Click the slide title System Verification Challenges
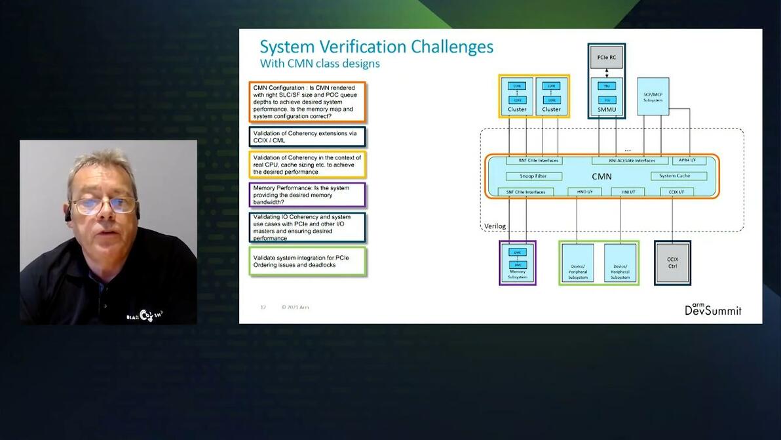point(376,47)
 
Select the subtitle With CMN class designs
point(320,64)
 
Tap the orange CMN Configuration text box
point(307,102)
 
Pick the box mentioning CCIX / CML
point(307,136)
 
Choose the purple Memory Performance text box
point(307,195)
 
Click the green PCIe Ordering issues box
point(307,261)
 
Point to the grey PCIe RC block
point(606,57)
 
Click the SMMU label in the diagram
point(606,109)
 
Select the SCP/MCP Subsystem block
point(653,96)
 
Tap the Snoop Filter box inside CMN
point(534,176)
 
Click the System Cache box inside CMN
point(679,176)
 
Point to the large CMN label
point(601,176)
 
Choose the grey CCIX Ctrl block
point(672,262)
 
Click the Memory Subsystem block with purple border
point(518,262)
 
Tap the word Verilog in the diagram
point(495,226)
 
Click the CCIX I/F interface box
point(676,191)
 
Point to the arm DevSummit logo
point(713,309)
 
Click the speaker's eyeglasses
point(104,205)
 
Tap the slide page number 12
point(263,307)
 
